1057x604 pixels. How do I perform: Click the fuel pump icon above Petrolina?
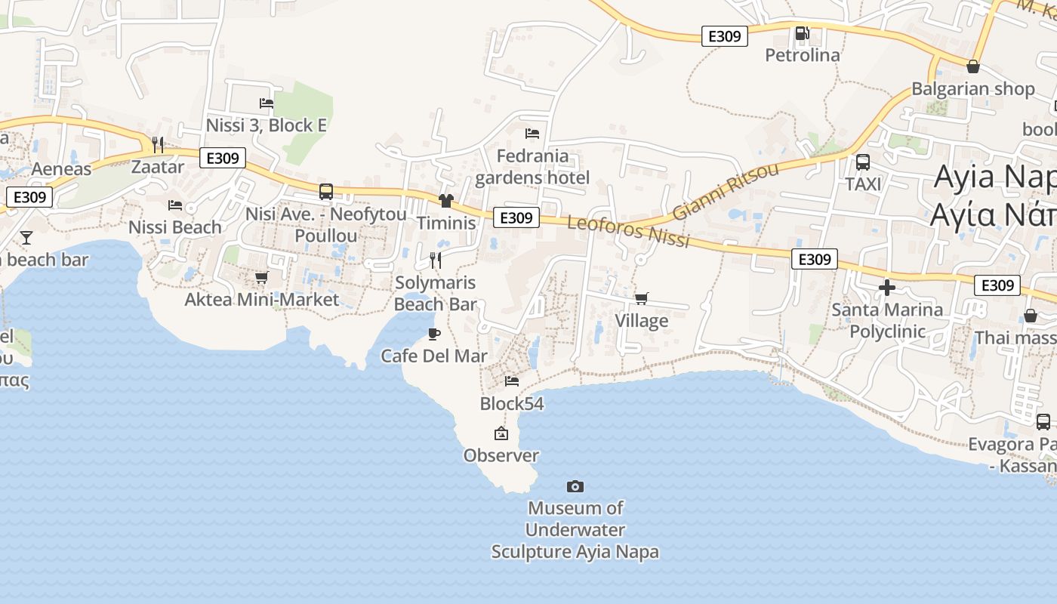[802, 33]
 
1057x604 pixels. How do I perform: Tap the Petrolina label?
[802, 55]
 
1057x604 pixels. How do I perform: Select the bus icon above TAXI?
[862, 162]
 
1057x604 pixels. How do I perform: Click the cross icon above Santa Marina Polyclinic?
[887, 288]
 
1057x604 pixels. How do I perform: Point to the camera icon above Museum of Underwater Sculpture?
[575, 486]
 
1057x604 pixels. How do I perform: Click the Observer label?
[501, 455]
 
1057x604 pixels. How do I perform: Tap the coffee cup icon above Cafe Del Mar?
[434, 334]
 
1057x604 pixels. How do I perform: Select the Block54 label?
[512, 403]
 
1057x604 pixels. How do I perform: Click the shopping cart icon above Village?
[641, 298]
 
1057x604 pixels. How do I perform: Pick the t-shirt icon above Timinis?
[446, 200]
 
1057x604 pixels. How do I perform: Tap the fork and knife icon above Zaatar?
[158, 144]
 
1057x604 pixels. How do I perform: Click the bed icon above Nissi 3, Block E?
[267, 103]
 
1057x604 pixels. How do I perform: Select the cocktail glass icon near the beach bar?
[26, 238]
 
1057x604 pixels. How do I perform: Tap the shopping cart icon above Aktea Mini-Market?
[262, 278]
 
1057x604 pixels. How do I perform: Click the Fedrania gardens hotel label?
[532, 167]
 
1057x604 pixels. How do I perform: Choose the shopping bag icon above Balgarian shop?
[973, 66]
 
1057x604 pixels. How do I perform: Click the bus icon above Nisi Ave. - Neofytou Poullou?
[326, 192]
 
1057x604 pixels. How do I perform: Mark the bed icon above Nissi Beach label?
[175, 205]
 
